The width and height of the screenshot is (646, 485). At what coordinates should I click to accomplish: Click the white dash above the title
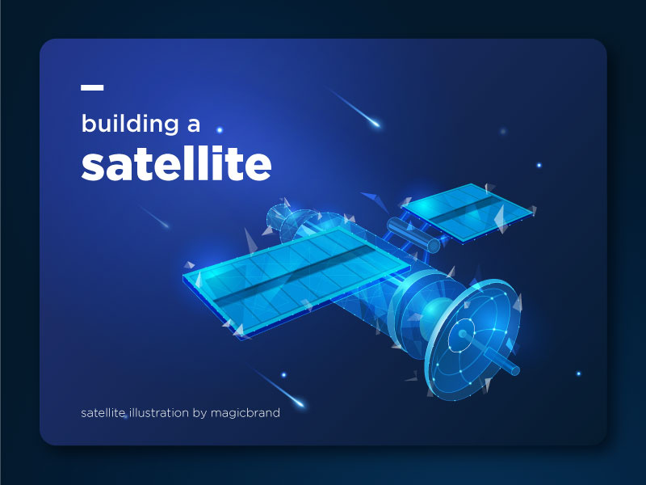pos(92,87)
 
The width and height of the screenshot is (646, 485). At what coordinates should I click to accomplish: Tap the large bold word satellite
pos(175,164)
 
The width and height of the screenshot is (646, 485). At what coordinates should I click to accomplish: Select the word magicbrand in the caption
pos(246,413)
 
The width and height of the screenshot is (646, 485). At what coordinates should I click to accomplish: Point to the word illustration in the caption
pos(159,413)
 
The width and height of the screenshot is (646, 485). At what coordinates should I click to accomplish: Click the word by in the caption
pos(201,414)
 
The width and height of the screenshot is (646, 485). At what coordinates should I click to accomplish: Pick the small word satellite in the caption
pos(103,413)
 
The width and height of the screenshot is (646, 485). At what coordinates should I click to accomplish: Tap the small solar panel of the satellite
pos(467,212)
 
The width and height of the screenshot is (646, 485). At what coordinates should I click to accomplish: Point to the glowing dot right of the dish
pos(578,373)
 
